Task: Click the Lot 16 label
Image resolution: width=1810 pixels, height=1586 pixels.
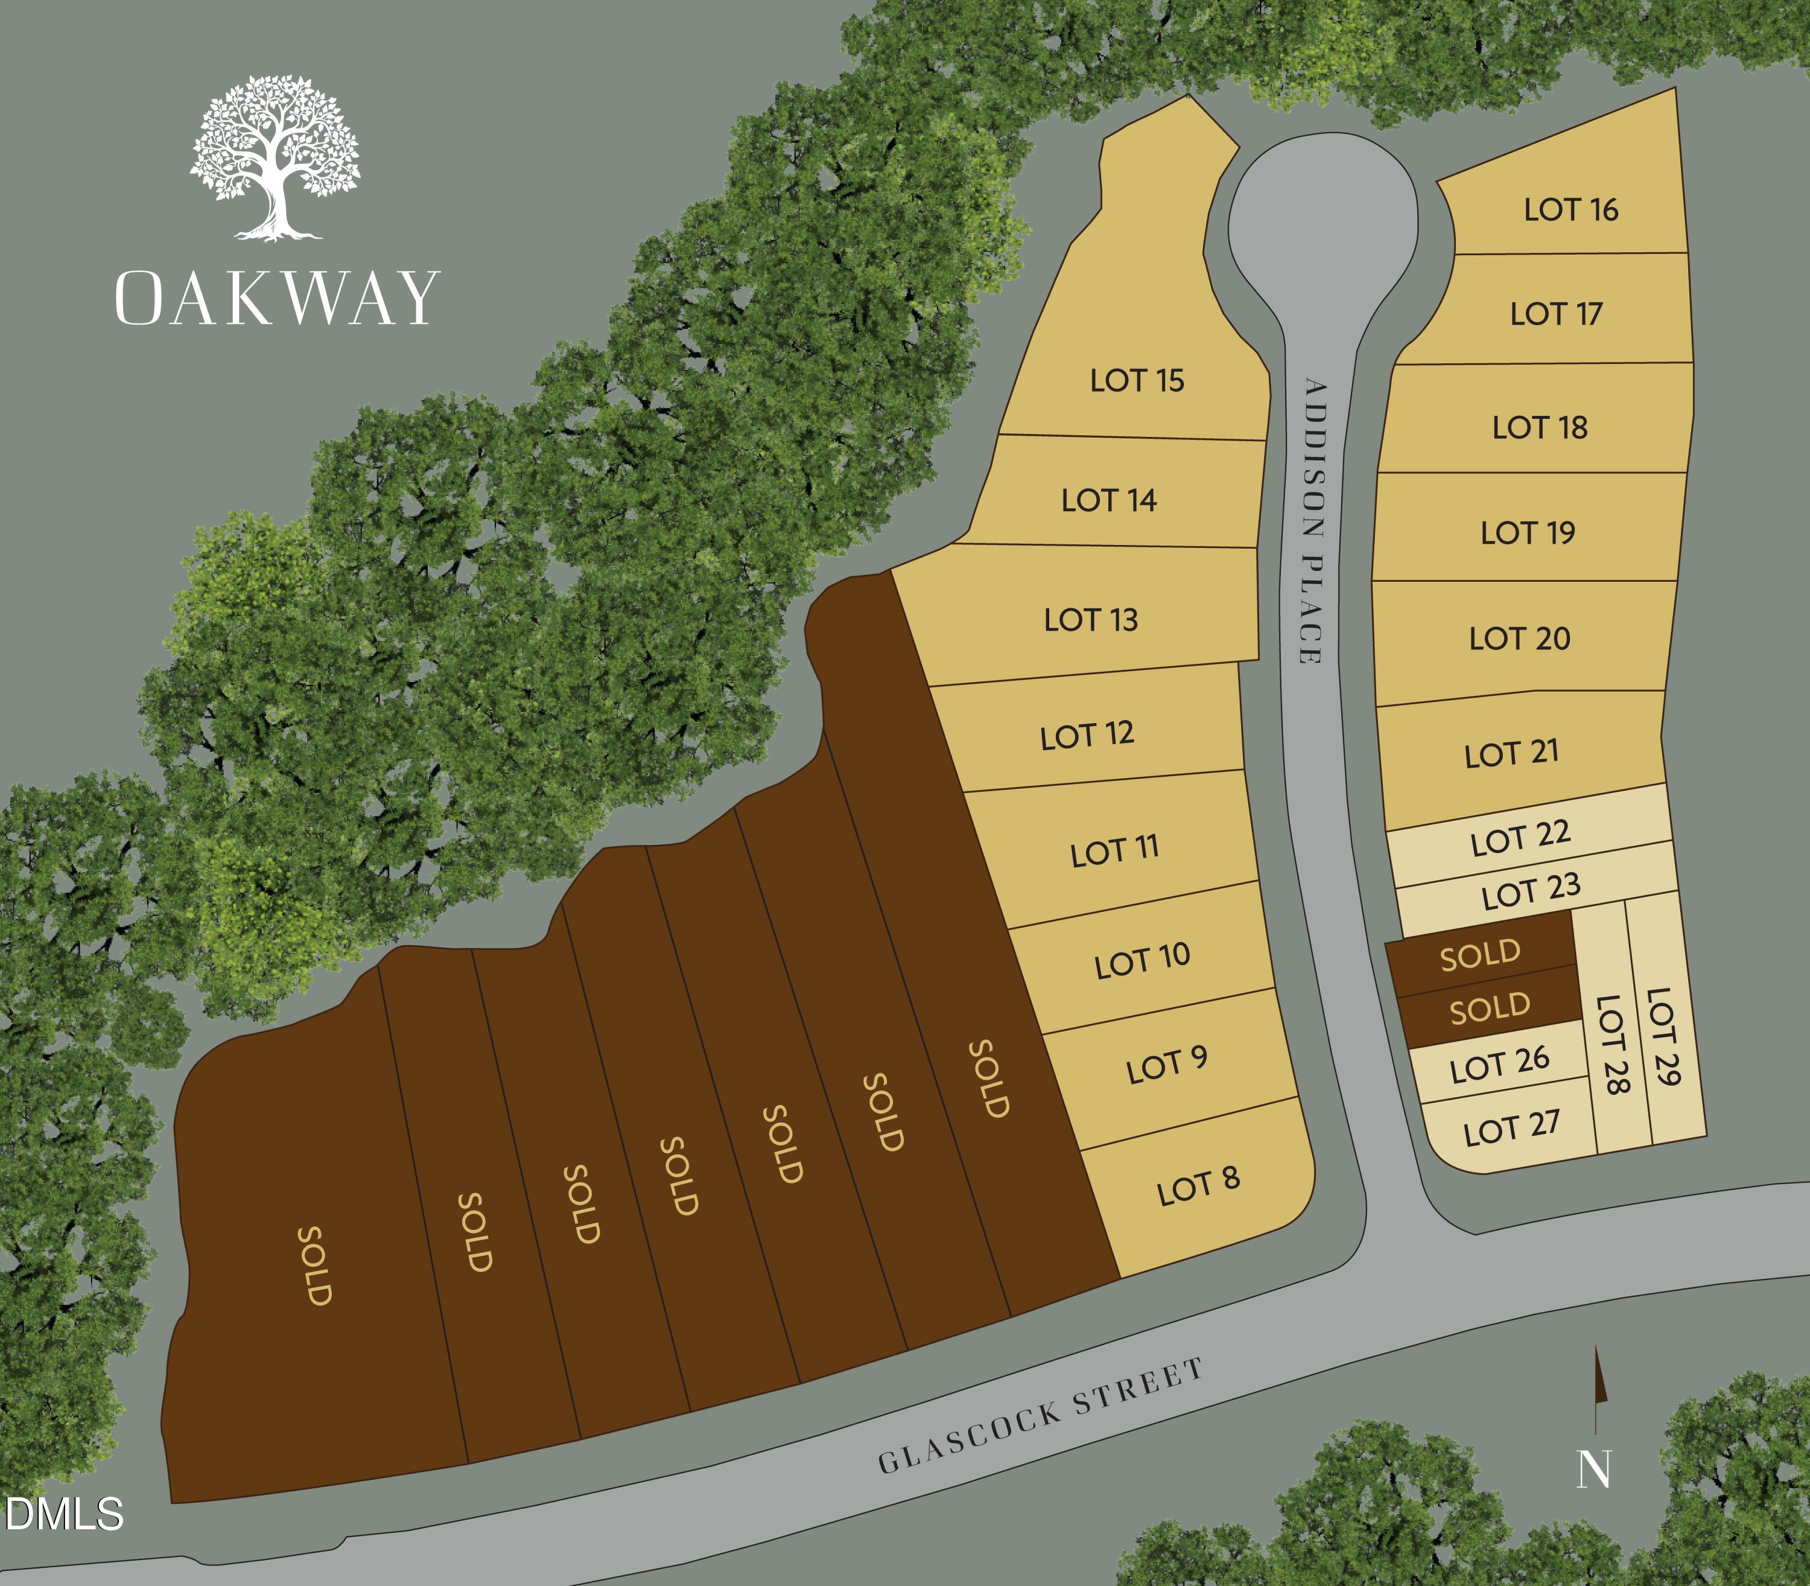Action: [1570, 210]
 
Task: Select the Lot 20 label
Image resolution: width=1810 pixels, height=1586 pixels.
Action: [1519, 638]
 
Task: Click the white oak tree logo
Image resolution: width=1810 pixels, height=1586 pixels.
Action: [275, 158]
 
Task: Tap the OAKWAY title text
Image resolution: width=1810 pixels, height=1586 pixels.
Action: [277, 299]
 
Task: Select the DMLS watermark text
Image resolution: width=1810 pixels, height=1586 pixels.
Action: [64, 1514]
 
